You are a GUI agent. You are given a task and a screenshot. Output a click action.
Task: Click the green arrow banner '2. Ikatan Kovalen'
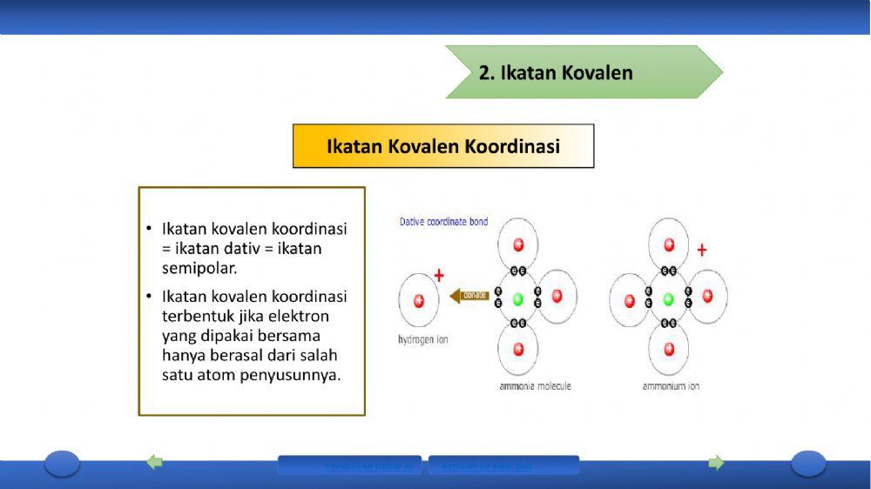click(x=575, y=72)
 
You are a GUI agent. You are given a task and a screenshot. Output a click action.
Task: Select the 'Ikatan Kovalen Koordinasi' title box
click(x=442, y=146)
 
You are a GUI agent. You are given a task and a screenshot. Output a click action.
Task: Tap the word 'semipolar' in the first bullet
click(x=199, y=268)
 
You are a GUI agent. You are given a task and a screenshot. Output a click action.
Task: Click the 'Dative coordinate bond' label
click(x=443, y=222)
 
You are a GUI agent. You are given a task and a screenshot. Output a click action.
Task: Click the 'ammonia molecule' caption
click(x=535, y=385)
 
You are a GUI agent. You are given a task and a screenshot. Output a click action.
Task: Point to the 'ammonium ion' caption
click(x=671, y=385)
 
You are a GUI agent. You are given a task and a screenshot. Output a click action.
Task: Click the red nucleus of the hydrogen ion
click(x=419, y=300)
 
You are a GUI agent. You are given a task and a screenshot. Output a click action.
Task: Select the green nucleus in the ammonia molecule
click(x=518, y=299)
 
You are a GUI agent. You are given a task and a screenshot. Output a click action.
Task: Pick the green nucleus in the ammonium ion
click(x=669, y=299)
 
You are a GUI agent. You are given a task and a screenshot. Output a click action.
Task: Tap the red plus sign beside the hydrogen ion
click(x=439, y=276)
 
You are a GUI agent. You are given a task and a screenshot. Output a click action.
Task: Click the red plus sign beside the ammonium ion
click(x=702, y=251)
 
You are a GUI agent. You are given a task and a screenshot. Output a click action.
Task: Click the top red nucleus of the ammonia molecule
click(x=518, y=244)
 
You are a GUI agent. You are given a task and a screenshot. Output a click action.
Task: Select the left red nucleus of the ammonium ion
click(x=629, y=300)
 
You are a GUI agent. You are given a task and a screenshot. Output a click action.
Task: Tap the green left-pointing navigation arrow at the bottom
click(x=155, y=462)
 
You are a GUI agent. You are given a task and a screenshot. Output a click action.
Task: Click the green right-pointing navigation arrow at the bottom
click(x=716, y=462)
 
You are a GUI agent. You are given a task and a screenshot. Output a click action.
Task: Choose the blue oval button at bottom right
click(x=807, y=463)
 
